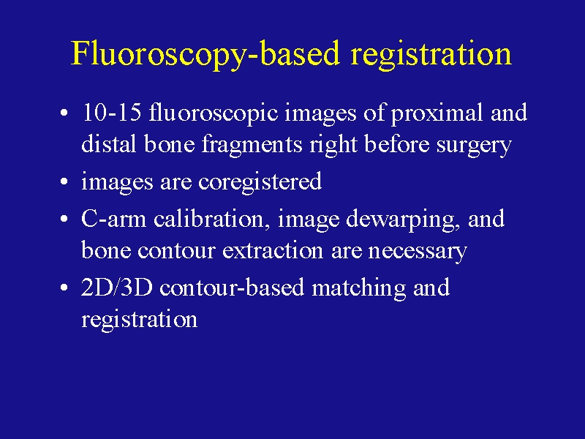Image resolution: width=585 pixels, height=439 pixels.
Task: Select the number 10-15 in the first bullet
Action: (111, 112)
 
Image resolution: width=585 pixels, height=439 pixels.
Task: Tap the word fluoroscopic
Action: (213, 113)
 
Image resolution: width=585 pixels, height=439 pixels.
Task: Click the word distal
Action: (108, 143)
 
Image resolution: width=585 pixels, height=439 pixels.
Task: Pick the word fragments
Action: (252, 145)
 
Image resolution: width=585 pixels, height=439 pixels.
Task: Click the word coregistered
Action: (260, 182)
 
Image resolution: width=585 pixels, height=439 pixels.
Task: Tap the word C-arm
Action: (113, 219)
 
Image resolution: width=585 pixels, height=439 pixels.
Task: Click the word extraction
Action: (273, 250)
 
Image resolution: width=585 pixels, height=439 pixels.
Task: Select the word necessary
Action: (418, 252)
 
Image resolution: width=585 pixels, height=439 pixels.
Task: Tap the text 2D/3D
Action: (117, 288)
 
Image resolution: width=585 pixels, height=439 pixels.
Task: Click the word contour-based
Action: (232, 288)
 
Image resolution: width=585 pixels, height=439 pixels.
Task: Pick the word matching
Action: (358, 288)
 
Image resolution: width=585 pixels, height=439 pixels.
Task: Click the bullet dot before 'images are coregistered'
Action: (64, 181)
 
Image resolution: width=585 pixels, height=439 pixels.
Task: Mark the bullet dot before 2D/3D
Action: (64, 288)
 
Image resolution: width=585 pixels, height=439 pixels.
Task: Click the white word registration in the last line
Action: (139, 320)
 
